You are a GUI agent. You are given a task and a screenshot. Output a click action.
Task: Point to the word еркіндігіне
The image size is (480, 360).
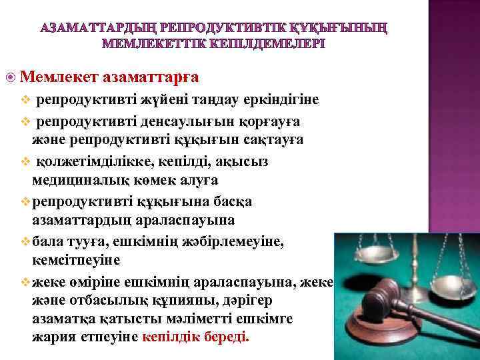pyautogui.click(x=283, y=101)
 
